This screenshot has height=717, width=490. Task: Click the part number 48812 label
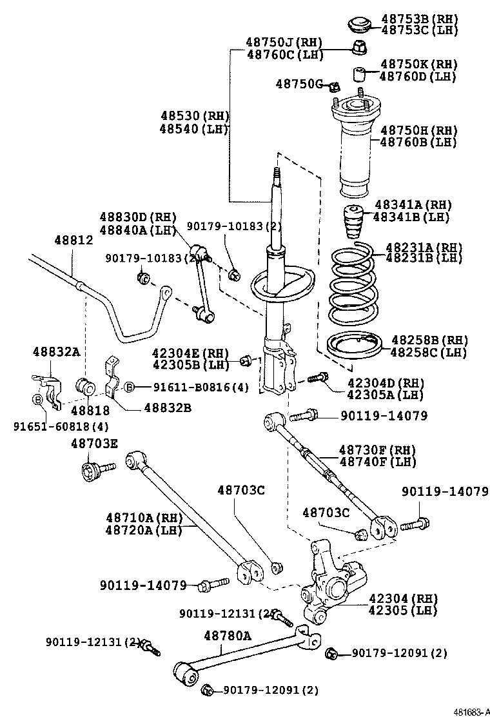click(73, 240)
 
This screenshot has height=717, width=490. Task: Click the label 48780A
click(228, 636)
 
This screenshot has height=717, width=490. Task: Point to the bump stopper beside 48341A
click(352, 222)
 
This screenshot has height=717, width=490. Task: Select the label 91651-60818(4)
click(61, 426)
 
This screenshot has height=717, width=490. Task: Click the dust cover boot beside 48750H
click(354, 155)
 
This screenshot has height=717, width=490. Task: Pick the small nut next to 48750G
click(333, 86)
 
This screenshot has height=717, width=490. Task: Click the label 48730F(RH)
click(377, 449)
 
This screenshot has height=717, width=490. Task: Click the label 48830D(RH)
click(137, 217)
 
